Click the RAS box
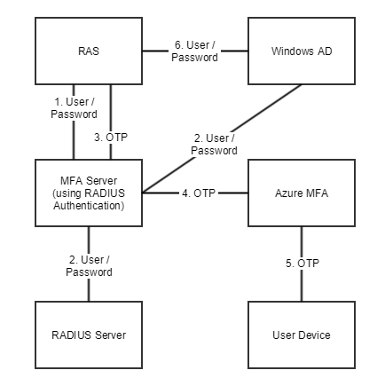[88, 51]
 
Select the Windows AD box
[301, 51]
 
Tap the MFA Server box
[88, 193]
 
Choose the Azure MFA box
[301, 193]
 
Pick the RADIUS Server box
[88, 335]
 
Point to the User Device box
[301, 335]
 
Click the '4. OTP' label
[197, 192]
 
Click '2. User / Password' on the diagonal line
[214, 144]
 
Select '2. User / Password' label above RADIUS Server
[90, 264]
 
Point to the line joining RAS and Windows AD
[235, 51]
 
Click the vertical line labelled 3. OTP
[110, 106]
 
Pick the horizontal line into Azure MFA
[232, 192]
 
